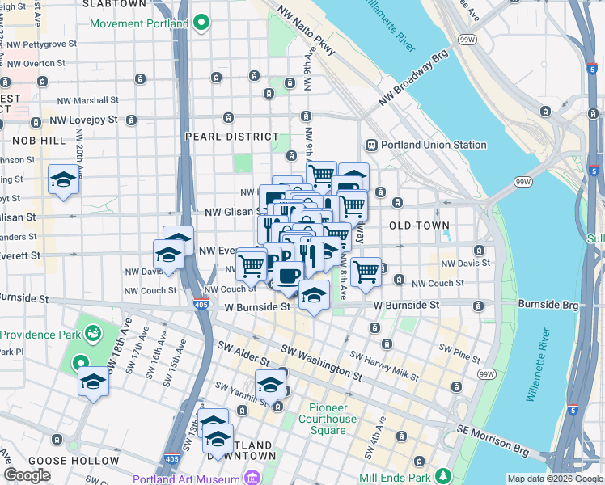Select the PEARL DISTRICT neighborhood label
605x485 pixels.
click(231, 137)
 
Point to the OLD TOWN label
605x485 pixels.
click(415, 224)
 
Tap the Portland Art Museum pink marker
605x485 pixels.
click(252, 477)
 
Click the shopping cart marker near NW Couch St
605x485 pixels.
click(366, 272)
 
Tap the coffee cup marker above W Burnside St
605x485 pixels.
click(286, 276)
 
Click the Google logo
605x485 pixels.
click(27, 475)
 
